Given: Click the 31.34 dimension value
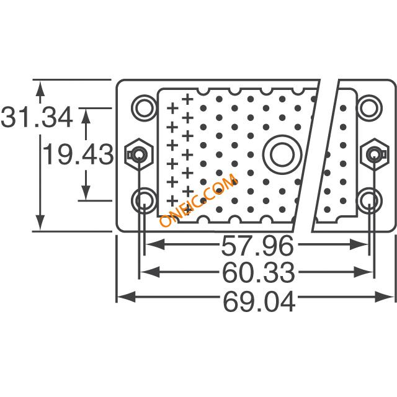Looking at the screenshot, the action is coord(37,117).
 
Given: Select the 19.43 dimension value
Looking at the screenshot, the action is coord(78,154).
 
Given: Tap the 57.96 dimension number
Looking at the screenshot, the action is coord(257,245).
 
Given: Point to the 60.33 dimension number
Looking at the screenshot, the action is coord(259,272).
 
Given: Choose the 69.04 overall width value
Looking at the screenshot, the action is coord(259,301).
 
